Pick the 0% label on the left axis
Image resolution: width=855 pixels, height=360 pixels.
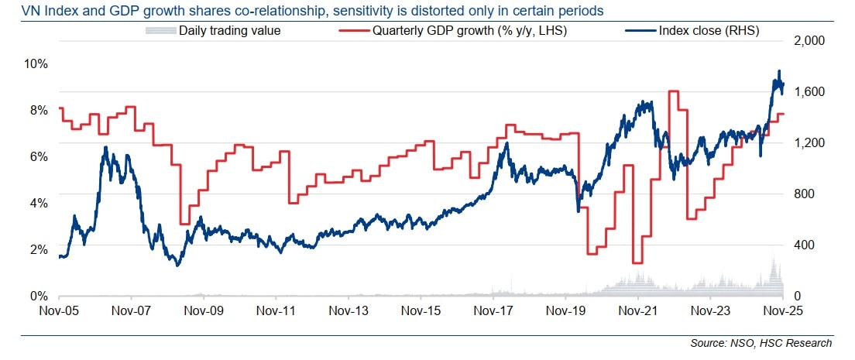click(39, 296)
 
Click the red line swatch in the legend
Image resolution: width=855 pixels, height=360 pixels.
click(355, 32)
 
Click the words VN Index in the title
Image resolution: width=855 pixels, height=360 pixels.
click(32, 11)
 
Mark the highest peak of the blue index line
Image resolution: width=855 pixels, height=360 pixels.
click(778, 71)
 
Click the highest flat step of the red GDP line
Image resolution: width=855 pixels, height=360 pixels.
click(673, 91)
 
